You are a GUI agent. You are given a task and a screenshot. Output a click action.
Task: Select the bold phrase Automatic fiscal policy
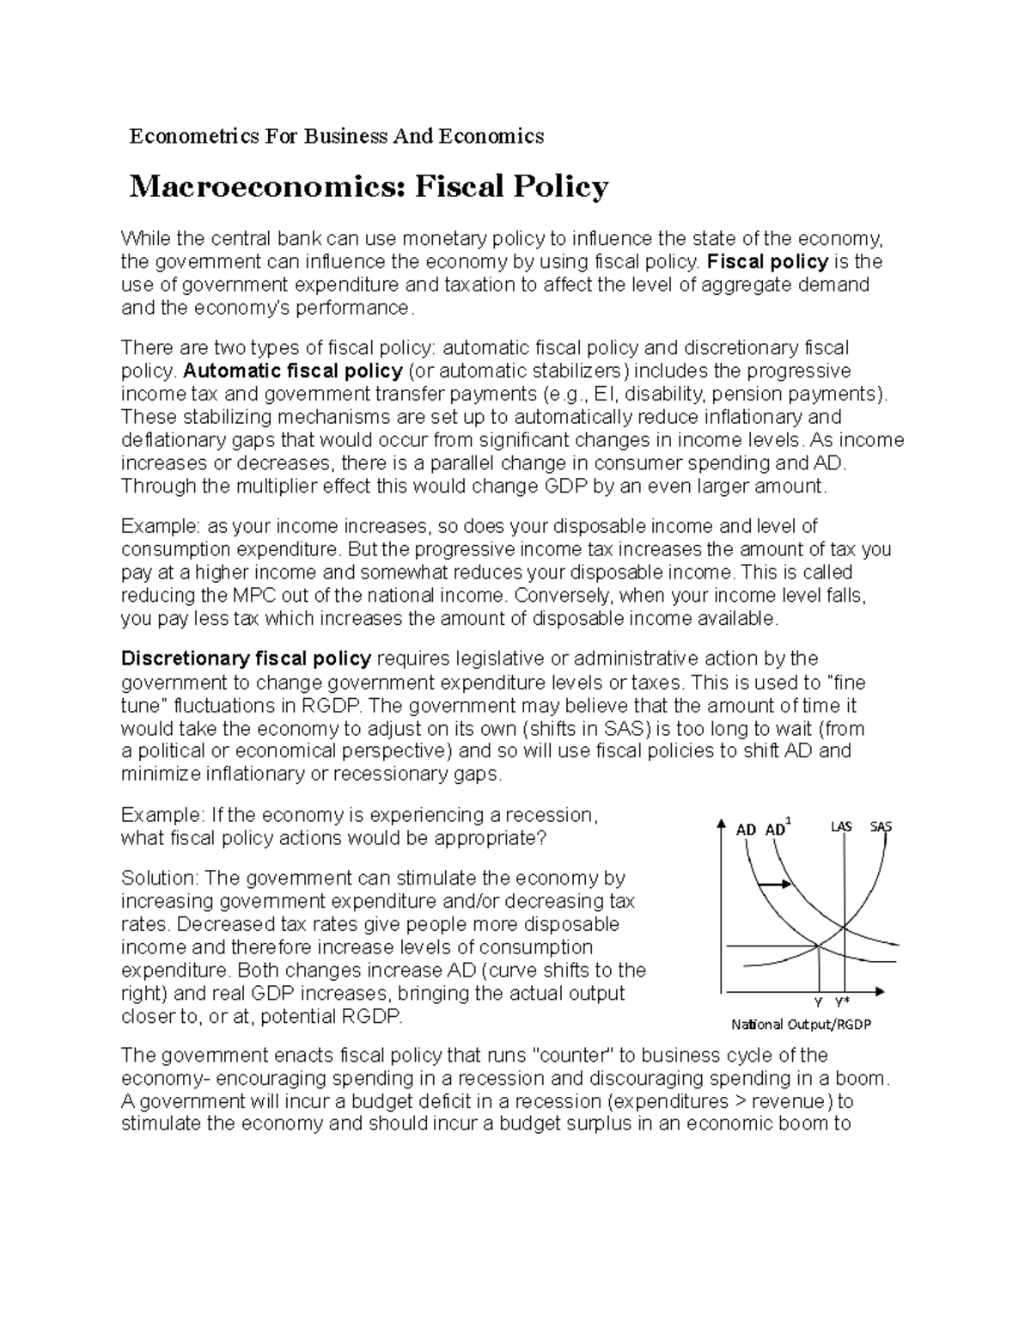[x=293, y=370]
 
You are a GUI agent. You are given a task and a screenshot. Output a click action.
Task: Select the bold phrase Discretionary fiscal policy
[x=246, y=658]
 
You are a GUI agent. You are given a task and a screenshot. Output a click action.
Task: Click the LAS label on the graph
[x=841, y=827]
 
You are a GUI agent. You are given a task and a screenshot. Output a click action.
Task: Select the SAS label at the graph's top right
[x=881, y=827]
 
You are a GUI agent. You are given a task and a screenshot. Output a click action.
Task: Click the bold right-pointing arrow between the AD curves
[x=776, y=884]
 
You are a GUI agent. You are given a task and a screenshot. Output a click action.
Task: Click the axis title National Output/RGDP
[x=801, y=1025]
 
